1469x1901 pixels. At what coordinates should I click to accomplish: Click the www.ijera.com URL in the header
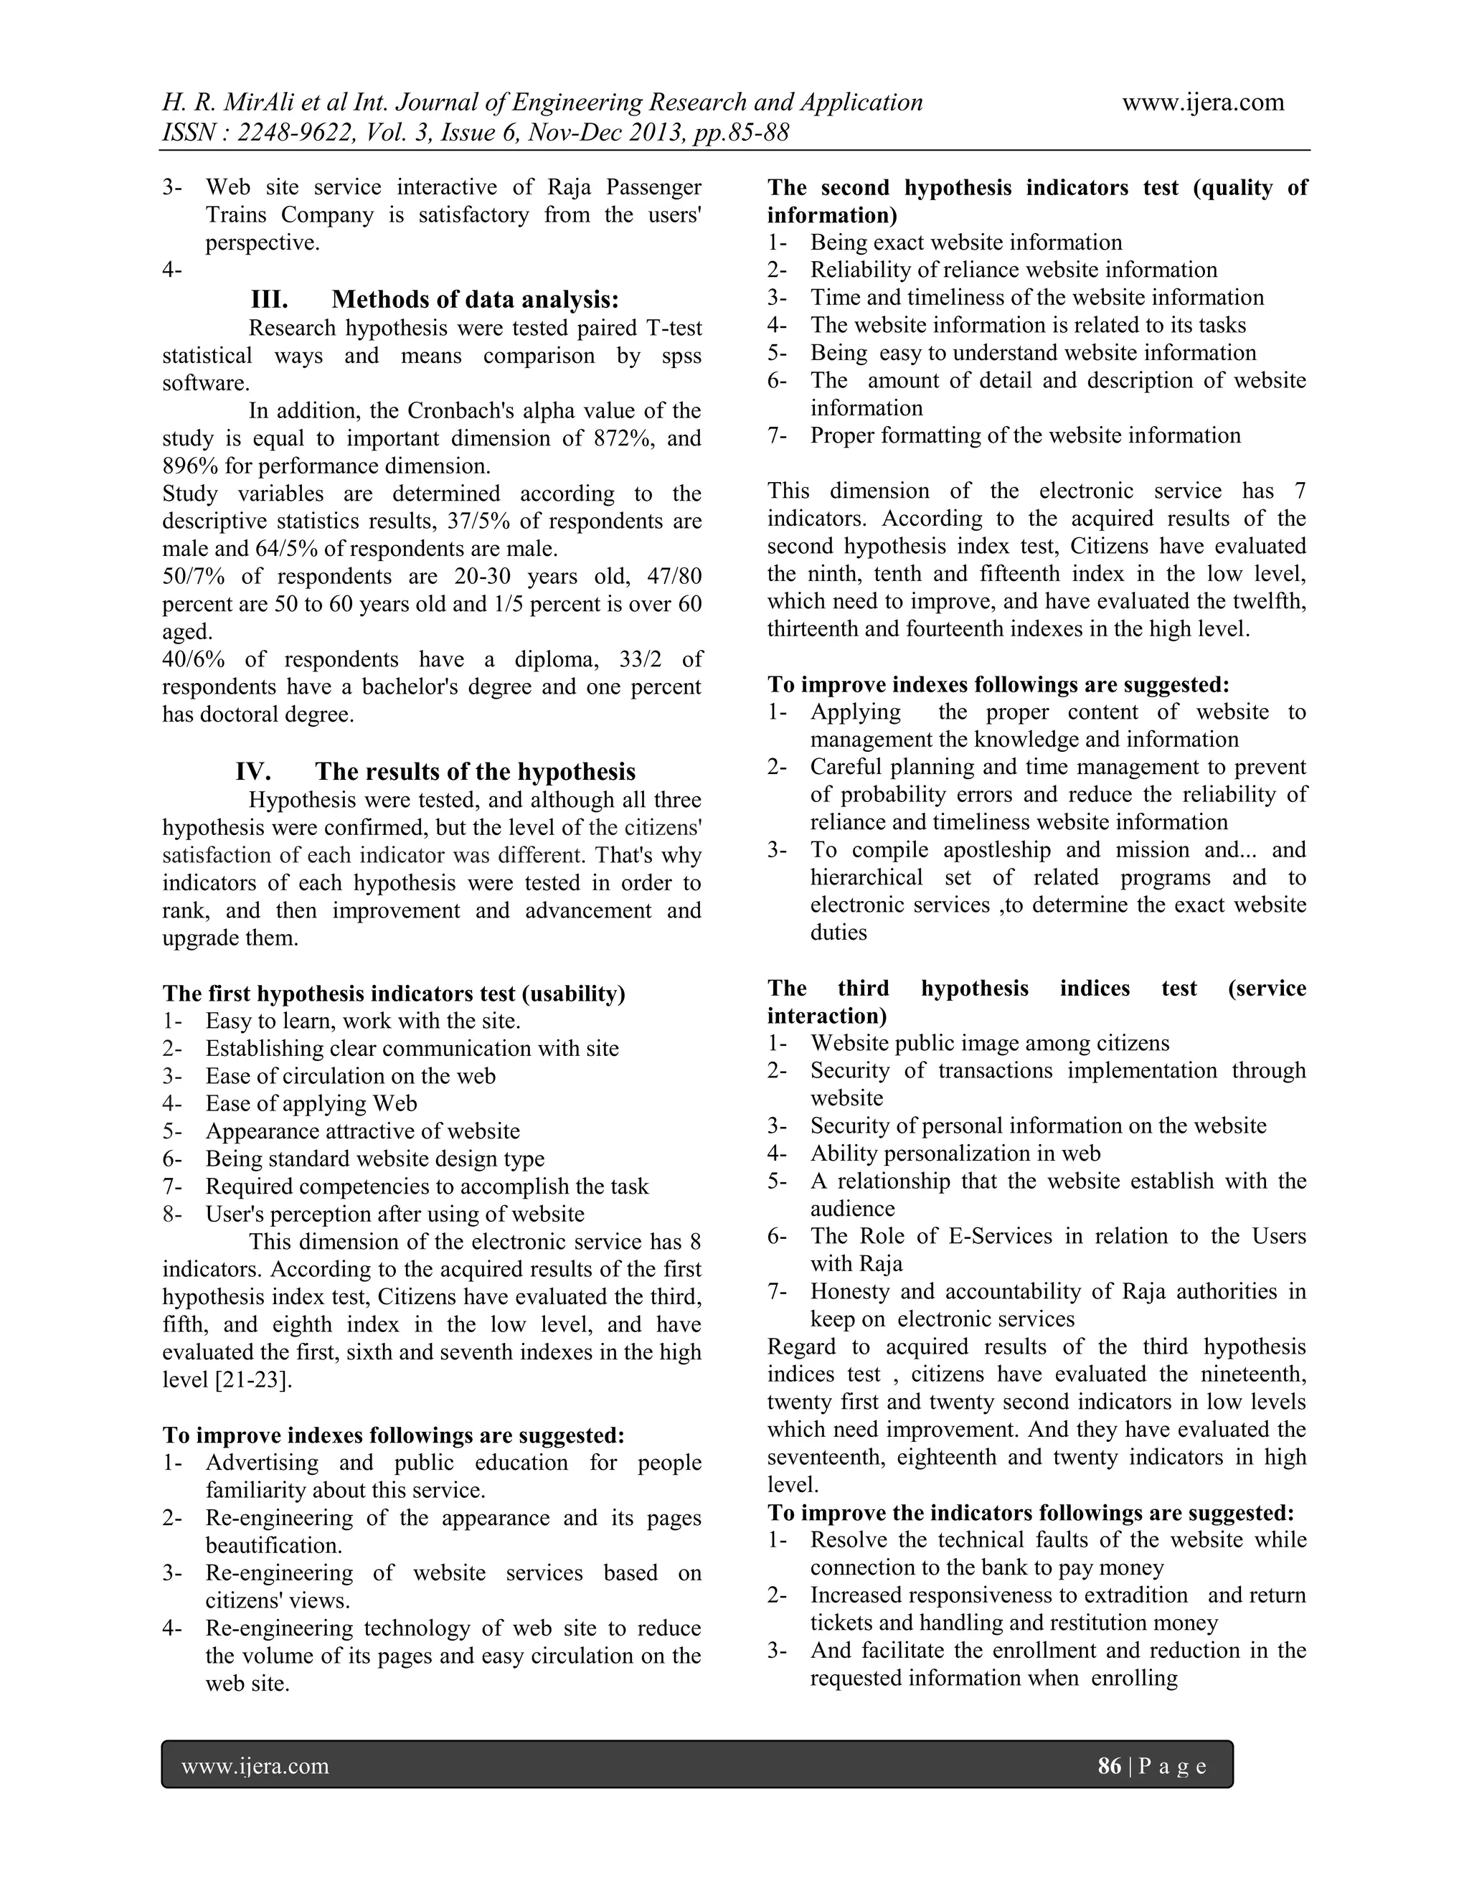(x=1203, y=103)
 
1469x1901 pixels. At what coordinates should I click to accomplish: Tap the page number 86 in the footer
(x=1110, y=1766)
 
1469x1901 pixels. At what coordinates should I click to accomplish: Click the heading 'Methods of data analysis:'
(x=475, y=299)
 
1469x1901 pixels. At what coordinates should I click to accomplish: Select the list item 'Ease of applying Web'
(x=311, y=1104)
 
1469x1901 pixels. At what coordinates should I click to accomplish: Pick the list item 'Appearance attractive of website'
(x=362, y=1131)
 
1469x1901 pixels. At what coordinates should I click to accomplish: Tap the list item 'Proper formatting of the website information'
(x=1025, y=435)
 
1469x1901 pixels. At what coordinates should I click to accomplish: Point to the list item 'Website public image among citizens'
(x=989, y=1043)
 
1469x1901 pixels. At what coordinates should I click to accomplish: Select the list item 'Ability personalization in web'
(x=955, y=1154)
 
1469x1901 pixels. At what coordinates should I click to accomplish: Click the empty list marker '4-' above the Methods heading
(x=171, y=270)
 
